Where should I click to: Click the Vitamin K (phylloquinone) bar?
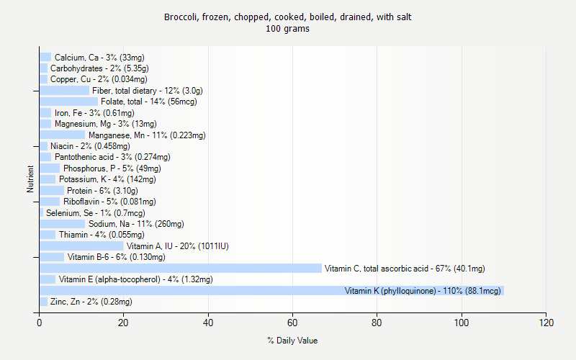click(271, 290)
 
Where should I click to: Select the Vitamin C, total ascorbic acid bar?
click(180, 269)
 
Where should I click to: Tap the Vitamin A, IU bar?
click(81, 246)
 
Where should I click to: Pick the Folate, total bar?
click(68, 102)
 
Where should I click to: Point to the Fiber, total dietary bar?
click(64, 91)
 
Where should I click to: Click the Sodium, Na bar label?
click(136, 224)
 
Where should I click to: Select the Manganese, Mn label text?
click(147, 135)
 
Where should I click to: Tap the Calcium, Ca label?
click(99, 58)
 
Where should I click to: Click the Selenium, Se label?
click(95, 213)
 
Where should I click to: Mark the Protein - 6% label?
click(102, 191)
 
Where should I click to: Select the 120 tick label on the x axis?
click(546, 323)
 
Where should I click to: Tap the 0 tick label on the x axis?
click(40, 323)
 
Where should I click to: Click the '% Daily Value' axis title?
click(292, 341)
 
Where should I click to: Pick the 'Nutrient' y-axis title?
click(30, 179)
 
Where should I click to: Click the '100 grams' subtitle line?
click(288, 30)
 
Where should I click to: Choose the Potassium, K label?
click(107, 179)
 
